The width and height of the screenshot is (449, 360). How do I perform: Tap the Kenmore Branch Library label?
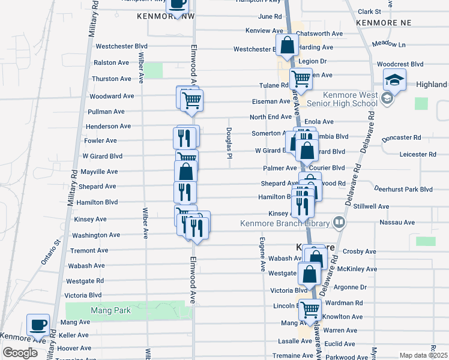pyautogui.click(x=285, y=224)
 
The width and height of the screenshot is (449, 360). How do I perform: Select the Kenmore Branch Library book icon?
pyautogui.click(x=339, y=223)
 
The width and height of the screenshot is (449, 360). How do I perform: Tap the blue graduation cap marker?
pyautogui.click(x=396, y=80)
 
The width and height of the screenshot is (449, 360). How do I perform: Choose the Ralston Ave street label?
pyautogui.click(x=111, y=62)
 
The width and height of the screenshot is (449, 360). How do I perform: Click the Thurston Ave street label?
pyautogui.click(x=111, y=79)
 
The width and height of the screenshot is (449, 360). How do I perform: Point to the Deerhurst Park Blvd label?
pyautogui.click(x=403, y=189)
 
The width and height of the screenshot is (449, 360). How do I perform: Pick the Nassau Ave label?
pyautogui.click(x=397, y=222)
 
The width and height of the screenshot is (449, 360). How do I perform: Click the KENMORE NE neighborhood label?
pyautogui.click(x=383, y=22)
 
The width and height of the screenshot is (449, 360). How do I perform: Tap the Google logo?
pyautogui.click(x=20, y=353)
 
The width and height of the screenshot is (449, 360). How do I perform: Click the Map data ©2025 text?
pyautogui.click(x=423, y=355)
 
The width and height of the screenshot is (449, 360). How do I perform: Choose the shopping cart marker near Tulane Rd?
pyautogui.click(x=301, y=79)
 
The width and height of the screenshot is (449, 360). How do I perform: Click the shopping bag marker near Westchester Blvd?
pyautogui.click(x=288, y=45)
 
